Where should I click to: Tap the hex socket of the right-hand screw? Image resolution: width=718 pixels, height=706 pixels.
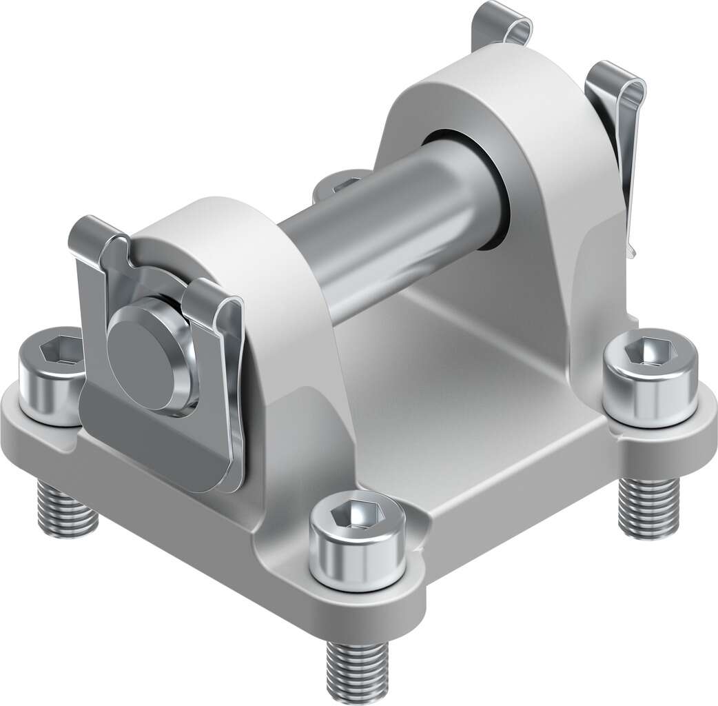click(649, 351)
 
